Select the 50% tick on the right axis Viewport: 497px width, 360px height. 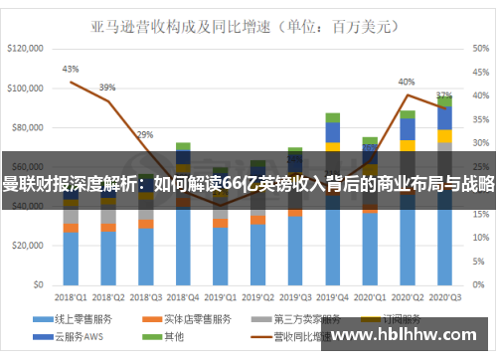(x=476, y=48)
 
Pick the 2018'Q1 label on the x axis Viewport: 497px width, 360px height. (x=71, y=296)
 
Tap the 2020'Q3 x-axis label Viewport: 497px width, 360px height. (x=443, y=296)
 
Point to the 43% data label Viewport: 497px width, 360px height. (x=71, y=69)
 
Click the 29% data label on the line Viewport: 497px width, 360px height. (x=145, y=134)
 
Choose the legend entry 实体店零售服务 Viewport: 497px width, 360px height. (x=197, y=318)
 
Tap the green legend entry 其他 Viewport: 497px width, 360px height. (x=172, y=337)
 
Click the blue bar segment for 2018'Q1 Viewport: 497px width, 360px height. (x=71, y=258)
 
